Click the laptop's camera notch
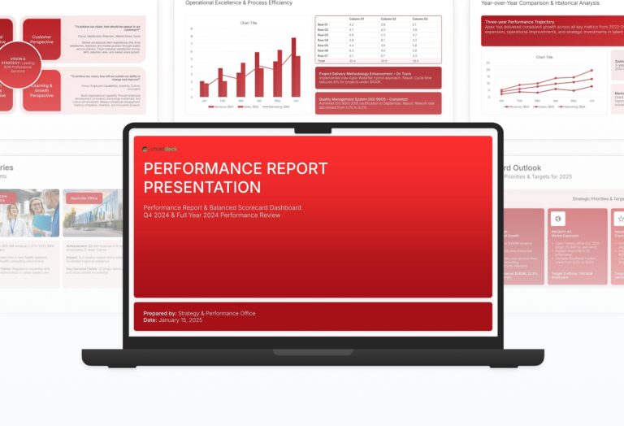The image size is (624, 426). [313, 128]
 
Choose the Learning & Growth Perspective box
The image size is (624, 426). [41, 89]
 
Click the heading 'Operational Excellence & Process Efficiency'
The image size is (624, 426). [245, 3]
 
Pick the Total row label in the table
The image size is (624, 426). [322, 60]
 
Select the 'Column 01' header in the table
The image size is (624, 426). [356, 18]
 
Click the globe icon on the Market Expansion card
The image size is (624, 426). [558, 219]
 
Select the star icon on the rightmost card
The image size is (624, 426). [620, 219]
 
